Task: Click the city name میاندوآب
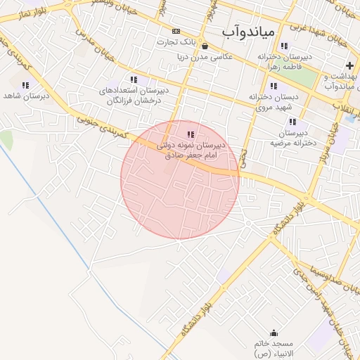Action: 250,32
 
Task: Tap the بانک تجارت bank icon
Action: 176,32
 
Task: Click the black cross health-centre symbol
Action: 349,65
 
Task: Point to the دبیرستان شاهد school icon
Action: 26,85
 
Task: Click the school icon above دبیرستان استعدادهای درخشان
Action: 134,80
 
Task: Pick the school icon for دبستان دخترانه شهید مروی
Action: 274,86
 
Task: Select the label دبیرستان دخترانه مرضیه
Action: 289,137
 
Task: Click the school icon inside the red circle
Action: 190,134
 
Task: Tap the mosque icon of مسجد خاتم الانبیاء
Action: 274,333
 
